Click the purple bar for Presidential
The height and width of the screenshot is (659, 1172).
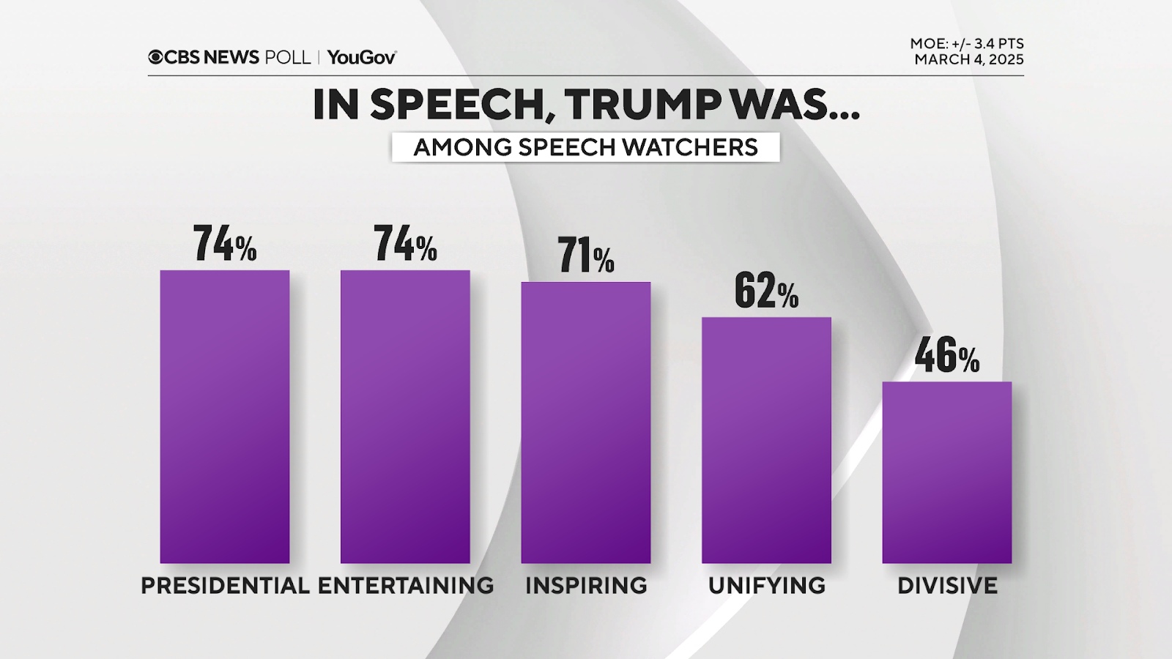225,417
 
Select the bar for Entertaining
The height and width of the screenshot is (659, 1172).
405,417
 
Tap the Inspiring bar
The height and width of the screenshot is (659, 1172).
586,422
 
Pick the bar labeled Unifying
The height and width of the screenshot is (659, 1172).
766,440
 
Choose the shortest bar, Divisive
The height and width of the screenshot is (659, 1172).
946,472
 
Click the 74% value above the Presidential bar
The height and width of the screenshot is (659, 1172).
225,244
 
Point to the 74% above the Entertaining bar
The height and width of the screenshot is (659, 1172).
405,244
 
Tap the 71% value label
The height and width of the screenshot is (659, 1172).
586,256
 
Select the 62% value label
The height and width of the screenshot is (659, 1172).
766,291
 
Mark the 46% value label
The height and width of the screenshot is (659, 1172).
946,356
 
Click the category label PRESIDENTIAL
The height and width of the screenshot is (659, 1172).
225,586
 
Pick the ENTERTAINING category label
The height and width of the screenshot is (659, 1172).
405,586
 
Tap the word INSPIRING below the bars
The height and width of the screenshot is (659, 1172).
586,586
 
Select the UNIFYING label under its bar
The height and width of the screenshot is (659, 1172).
766,586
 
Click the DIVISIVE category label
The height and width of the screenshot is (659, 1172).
947,586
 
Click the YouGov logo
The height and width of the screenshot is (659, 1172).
362,57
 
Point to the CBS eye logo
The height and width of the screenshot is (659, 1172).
155,57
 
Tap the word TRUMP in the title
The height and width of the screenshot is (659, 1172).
642,105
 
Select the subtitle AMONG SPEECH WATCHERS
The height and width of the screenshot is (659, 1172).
585,147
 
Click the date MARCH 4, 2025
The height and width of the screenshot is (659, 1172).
968,60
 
